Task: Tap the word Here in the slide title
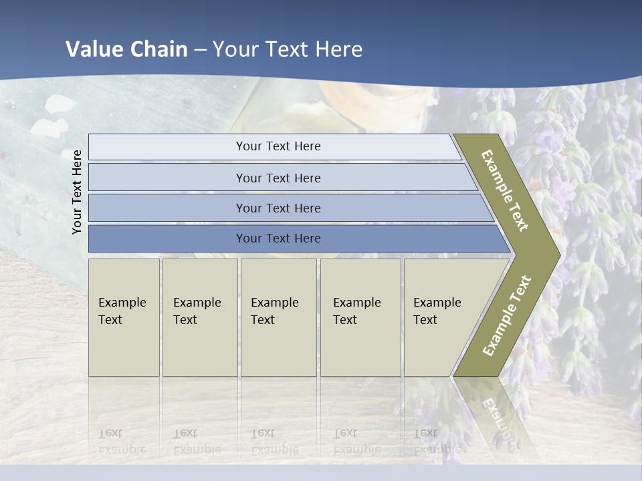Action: coord(338,49)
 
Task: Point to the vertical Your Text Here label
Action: coord(77,192)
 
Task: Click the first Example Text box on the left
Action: coord(124,317)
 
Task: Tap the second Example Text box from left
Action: coord(200,317)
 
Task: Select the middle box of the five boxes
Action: coord(278,317)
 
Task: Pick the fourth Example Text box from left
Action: coord(360,317)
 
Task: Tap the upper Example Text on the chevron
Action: coord(505,190)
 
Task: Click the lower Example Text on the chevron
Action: coord(507,315)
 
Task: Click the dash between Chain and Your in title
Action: coord(200,49)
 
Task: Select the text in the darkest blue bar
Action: coord(278,238)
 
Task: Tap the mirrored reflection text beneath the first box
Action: coord(122,441)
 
